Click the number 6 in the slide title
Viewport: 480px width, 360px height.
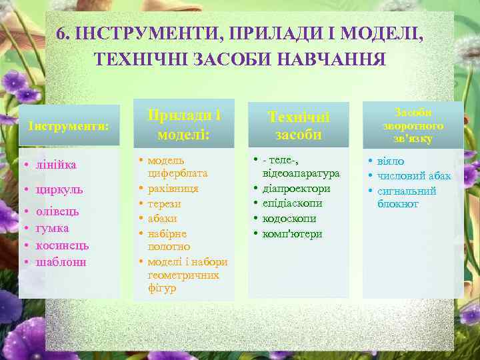(x=61, y=33)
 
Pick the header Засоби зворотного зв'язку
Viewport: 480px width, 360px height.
(x=413, y=125)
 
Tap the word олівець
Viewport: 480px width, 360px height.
(x=58, y=211)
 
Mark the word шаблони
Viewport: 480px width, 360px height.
(x=61, y=262)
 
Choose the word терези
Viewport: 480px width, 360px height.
(x=164, y=204)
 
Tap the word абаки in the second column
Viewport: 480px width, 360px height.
(x=162, y=219)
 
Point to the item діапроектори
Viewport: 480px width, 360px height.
(x=296, y=188)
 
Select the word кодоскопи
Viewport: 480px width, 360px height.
(x=289, y=219)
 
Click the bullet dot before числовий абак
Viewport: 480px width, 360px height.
(x=371, y=176)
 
